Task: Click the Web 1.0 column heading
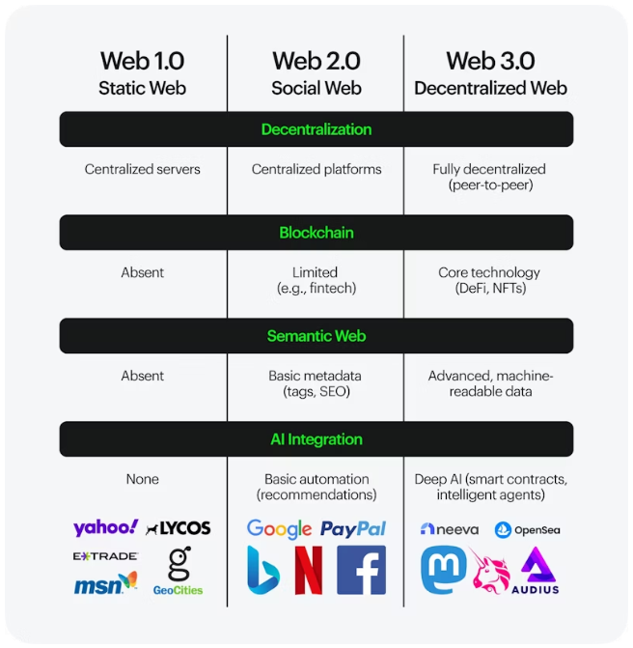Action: [142, 61]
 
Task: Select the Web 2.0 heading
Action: [316, 61]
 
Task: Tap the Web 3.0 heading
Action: [490, 61]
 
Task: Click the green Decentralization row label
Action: [316, 129]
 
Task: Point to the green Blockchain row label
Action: [316, 233]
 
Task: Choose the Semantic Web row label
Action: [316, 336]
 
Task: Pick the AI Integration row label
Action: [316, 439]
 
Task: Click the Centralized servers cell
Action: [142, 169]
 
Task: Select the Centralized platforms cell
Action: [316, 169]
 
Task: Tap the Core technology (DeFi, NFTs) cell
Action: [489, 280]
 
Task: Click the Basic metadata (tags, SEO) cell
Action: [316, 383]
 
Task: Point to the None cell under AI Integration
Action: [142, 479]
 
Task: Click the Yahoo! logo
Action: [106, 527]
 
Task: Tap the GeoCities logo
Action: [179, 571]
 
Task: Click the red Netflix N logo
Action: [308, 570]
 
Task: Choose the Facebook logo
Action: [361, 570]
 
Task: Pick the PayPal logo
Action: [353, 528]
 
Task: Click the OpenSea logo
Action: [527, 529]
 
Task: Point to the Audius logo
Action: [536, 571]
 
